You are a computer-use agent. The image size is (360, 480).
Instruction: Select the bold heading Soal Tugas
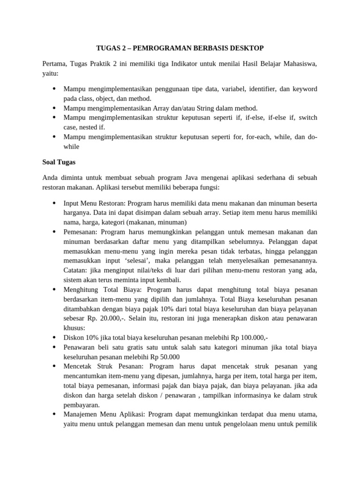point(59,162)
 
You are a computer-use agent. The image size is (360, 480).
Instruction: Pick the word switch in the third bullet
point(307,117)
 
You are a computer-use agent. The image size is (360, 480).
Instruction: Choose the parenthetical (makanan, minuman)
point(156,222)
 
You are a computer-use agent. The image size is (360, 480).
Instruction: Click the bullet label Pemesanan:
point(81,232)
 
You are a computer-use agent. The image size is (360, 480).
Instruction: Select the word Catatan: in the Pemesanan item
point(76,270)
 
